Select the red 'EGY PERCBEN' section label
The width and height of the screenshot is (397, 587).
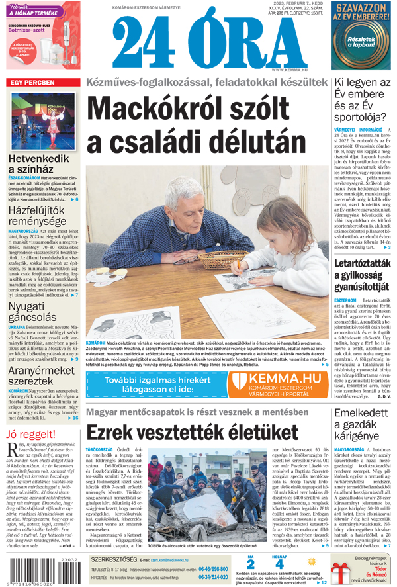click(x=31, y=83)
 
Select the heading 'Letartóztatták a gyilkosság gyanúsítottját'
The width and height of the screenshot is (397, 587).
click(x=365, y=277)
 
